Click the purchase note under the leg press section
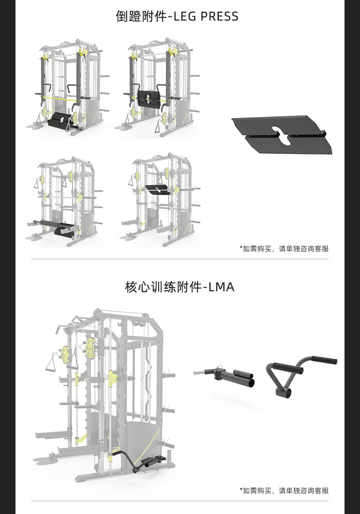pos(284,249)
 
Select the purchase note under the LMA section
pos(284,491)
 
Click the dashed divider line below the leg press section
pos(180,259)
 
